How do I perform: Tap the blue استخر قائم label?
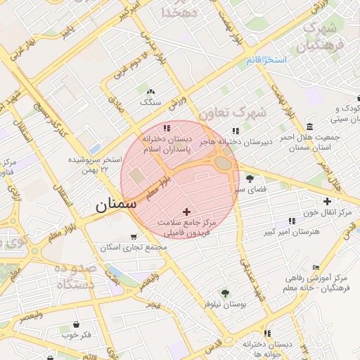(x=266, y=60)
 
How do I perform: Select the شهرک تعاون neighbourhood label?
(x=233, y=112)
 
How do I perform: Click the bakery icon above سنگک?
(x=149, y=91)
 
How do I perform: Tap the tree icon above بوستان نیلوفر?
(x=225, y=293)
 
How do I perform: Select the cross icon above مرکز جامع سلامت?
(x=186, y=211)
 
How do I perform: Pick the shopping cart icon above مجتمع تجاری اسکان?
(x=134, y=237)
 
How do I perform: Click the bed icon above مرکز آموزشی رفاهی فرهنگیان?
(x=316, y=268)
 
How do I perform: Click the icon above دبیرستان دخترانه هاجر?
(x=236, y=131)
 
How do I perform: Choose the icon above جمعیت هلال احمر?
(x=309, y=126)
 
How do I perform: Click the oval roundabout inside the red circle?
(x=224, y=163)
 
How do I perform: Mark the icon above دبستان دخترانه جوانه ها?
(x=266, y=333)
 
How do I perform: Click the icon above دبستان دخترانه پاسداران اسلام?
(x=167, y=129)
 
